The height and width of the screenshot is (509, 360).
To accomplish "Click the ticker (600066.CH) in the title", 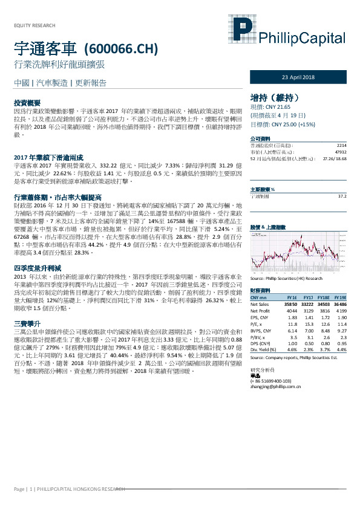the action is [x=122, y=48].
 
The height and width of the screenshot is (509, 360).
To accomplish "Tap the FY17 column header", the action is [x=308, y=297].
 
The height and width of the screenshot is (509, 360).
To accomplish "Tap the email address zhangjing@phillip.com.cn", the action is [x=277, y=377].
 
